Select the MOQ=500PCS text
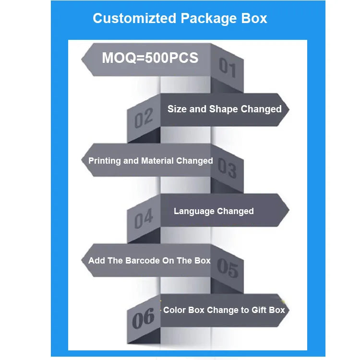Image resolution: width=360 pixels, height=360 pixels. (x=150, y=58)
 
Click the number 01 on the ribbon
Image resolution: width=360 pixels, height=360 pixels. (x=228, y=67)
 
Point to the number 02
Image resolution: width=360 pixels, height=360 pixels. (x=144, y=118)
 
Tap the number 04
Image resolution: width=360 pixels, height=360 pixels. (x=144, y=219)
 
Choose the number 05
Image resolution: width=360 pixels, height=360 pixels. (x=227, y=267)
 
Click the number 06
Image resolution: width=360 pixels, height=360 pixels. (x=144, y=318)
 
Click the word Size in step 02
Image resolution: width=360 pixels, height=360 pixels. (x=177, y=109)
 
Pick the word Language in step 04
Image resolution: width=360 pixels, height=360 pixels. (x=194, y=211)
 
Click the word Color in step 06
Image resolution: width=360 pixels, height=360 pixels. (x=174, y=310)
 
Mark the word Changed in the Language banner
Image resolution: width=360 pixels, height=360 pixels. (x=235, y=211)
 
